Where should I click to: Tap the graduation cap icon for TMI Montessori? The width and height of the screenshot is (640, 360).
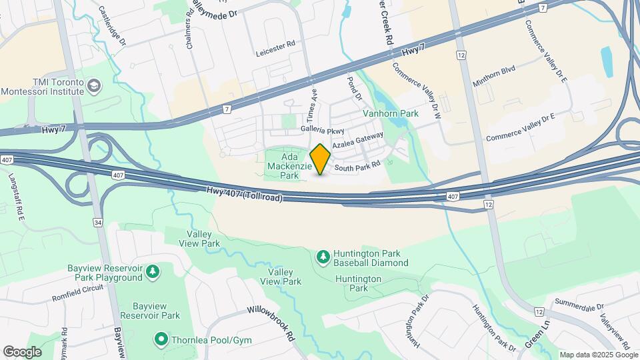tap(94, 85)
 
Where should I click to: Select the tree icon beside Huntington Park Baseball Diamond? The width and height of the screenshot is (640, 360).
tap(323, 256)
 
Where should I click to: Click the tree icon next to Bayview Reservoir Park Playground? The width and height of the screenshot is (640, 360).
tap(153, 271)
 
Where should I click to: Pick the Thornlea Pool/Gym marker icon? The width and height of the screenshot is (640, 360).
tap(161, 340)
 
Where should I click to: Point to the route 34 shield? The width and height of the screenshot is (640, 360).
tap(98, 223)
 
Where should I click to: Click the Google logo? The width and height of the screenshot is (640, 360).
tap(22, 352)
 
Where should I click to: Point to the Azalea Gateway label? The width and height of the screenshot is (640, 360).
tap(358, 141)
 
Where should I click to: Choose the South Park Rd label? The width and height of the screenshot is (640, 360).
tap(357, 166)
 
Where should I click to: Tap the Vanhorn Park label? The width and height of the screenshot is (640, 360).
tap(391, 113)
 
